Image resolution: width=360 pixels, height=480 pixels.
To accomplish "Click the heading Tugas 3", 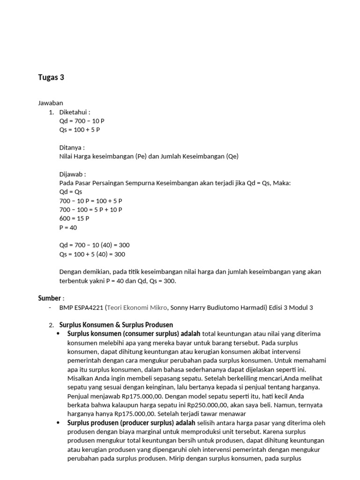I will pos(51,78).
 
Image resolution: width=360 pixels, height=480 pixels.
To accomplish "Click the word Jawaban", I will pos(50,103).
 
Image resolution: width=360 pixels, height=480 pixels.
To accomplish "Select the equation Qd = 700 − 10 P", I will pos(82,121).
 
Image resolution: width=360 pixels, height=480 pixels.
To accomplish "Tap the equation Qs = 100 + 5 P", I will pos(80,130).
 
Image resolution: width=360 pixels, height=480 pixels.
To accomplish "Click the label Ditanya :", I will pos(72,148).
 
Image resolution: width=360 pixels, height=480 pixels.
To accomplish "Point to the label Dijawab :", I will pos(73,174).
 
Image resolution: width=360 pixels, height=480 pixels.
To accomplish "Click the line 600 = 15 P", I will pos(74,219).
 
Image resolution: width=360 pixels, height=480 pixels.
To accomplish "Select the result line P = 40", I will pos(68,228).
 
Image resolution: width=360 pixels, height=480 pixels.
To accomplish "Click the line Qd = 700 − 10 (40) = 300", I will pos(94,245).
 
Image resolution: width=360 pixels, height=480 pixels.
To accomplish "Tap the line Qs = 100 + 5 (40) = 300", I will pos(92,254).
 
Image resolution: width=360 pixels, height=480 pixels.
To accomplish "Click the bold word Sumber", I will pos(49,298).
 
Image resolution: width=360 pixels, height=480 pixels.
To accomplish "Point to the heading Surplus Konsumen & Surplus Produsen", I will pos(116,325).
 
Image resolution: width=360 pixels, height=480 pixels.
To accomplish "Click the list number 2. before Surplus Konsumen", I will pos(51,325).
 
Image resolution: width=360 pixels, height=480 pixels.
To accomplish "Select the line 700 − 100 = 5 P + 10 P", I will pos(90,210).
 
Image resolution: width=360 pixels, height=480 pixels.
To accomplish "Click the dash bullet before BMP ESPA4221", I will pos(50,307).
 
